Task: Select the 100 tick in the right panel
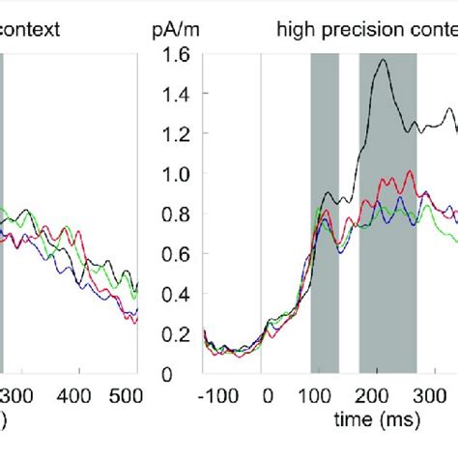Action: click(310, 395)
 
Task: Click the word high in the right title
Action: click(294, 30)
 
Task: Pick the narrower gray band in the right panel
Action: click(325, 213)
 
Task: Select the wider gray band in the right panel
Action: click(387, 213)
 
